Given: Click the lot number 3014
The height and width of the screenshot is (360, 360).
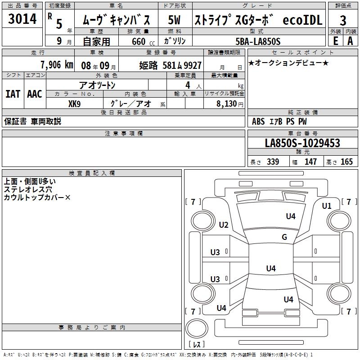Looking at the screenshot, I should click(x=22, y=19).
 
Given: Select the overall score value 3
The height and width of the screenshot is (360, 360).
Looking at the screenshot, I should click(x=343, y=20).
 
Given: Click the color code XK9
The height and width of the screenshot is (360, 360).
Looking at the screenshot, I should click(x=75, y=103).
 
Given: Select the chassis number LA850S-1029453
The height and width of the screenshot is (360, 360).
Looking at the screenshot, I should click(x=302, y=144).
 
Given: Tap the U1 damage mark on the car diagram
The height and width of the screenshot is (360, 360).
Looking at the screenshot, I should click(x=326, y=206).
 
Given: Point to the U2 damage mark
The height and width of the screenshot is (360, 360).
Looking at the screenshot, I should click(x=224, y=225).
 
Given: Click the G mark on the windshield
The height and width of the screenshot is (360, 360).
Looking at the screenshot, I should click(x=284, y=237).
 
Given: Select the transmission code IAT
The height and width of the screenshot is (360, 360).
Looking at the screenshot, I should click(x=13, y=94).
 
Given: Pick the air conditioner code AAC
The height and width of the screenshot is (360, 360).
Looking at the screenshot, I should click(x=35, y=94).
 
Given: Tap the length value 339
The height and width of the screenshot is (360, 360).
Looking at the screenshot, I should click(x=273, y=162).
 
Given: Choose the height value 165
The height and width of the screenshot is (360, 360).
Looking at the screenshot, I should click(x=346, y=162).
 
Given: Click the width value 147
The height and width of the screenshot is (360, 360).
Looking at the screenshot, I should click(x=310, y=162).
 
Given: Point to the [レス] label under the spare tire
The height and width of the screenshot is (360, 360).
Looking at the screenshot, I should click(x=197, y=344).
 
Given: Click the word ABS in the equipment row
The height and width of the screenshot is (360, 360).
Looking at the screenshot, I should click(x=258, y=121).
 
